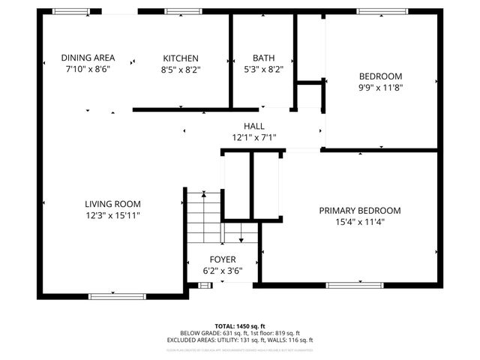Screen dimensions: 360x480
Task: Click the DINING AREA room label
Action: click(88, 58)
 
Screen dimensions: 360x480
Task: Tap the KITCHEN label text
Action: click(181, 58)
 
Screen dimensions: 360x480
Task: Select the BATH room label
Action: click(263, 58)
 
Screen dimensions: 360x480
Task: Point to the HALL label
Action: click(254, 126)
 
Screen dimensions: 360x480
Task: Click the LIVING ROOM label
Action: click(112, 203)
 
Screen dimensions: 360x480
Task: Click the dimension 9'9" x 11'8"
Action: click(380, 88)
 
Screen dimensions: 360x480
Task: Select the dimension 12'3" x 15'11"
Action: click(112, 215)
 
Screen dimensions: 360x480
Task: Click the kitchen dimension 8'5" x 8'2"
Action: click(181, 70)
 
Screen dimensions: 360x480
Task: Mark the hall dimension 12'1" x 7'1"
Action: click(254, 138)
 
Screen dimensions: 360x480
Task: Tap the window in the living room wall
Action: click(112, 296)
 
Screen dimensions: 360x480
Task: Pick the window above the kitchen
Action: click(178, 11)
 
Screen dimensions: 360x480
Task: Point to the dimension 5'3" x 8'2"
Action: click(263, 70)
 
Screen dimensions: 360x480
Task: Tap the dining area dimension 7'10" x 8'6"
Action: click(88, 70)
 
